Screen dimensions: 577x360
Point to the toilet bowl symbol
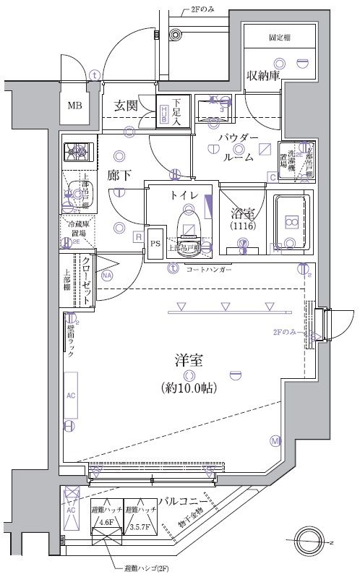[x=189, y=224]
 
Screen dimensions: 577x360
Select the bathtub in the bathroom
[x=291, y=223]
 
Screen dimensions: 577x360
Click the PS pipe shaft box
[x=155, y=244]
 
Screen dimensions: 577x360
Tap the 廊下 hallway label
[x=118, y=175]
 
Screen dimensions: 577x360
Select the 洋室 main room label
[x=187, y=359]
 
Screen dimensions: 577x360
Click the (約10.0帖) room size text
[x=188, y=388]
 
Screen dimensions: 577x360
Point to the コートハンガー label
[x=209, y=269]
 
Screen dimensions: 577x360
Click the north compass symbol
[x=314, y=541]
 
